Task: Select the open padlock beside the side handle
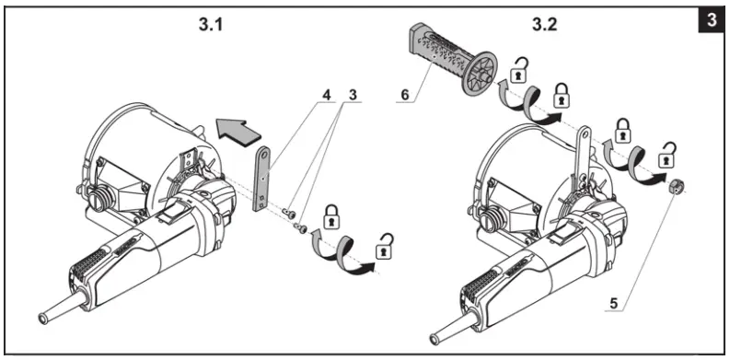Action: coord(521,67)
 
